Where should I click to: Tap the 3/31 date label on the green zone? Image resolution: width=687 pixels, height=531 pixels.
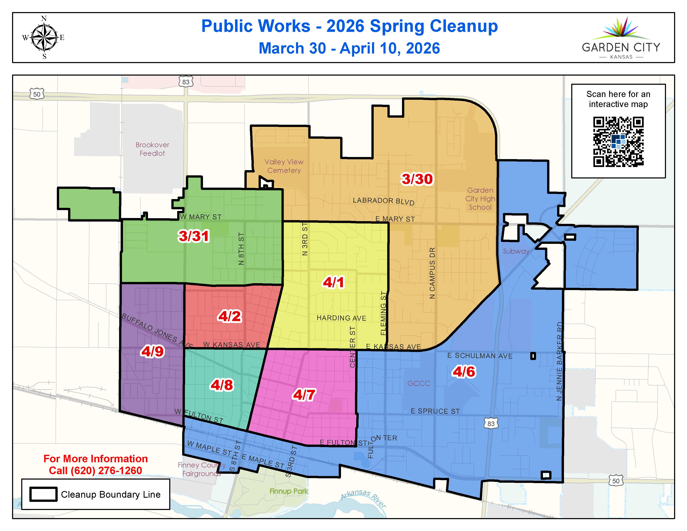[x=193, y=236]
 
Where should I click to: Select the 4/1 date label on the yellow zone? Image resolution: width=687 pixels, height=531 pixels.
[x=334, y=282]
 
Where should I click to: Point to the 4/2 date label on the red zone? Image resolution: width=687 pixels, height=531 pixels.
[x=230, y=316]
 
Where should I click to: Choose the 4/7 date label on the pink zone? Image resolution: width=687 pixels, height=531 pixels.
[x=304, y=395]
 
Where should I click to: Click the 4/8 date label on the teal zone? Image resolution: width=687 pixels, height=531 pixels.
[x=222, y=385]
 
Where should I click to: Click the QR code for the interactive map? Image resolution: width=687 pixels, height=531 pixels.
[x=618, y=142]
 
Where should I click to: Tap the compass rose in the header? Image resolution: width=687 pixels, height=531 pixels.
[x=44, y=38]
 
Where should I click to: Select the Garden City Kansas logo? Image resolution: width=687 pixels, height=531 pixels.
[x=621, y=38]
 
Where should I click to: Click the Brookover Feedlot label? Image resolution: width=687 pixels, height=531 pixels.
[x=152, y=149]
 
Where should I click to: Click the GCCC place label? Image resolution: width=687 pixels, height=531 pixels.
[x=418, y=383]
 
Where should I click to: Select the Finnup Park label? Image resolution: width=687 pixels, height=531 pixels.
[x=289, y=491]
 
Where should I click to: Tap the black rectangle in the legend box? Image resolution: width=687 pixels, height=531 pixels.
[x=44, y=494]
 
